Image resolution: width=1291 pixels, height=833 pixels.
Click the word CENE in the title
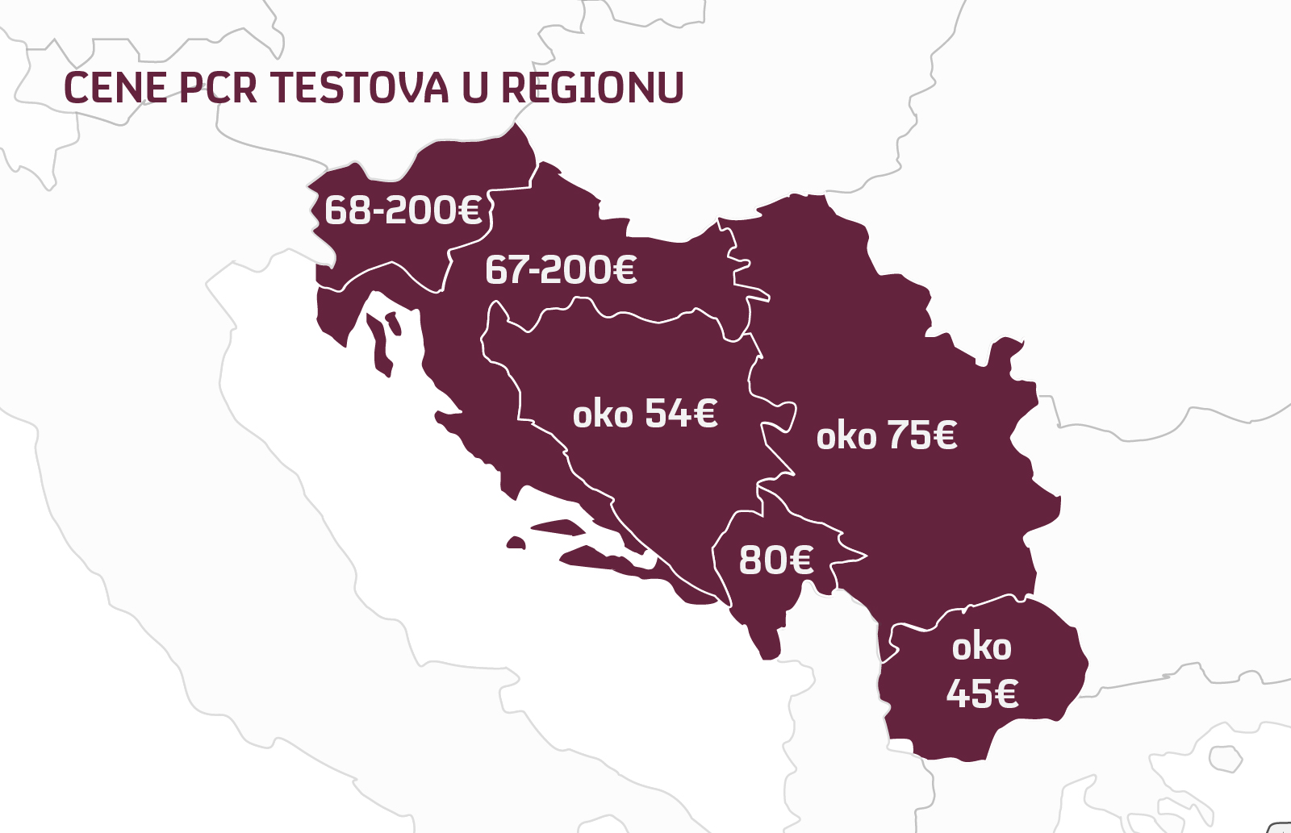pos(115,88)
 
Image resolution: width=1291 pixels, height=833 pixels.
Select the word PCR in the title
pos(218,88)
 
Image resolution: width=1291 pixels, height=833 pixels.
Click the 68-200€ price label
pos(403,210)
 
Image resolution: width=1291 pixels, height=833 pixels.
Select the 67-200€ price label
pos(561,269)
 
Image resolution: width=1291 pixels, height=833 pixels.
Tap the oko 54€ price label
pos(645,414)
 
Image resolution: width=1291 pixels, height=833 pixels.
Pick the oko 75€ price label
pos(886,436)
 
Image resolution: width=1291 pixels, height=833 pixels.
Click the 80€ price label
pos(776,560)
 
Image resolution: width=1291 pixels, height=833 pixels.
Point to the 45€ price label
pos(982,693)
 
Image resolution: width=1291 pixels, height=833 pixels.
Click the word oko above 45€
pos(981,648)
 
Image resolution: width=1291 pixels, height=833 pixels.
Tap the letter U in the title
pos(475,88)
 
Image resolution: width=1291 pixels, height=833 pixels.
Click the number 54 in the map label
pos(667,414)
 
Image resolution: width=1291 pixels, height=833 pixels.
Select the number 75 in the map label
pos(909,436)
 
